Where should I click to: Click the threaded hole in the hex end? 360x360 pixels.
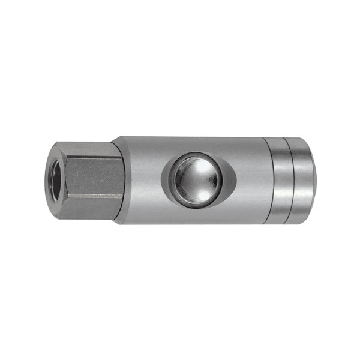pyautogui.click(x=56, y=179)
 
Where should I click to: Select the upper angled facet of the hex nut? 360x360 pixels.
pyautogui.click(x=90, y=151)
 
